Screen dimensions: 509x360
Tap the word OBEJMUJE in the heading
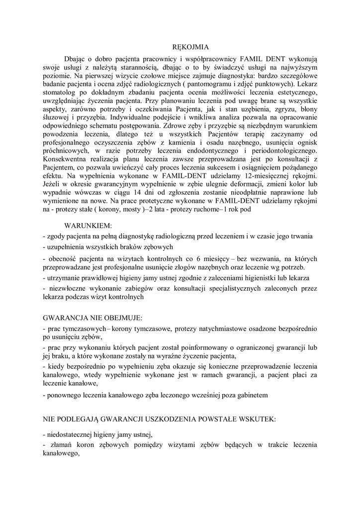[x=121, y=317]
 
